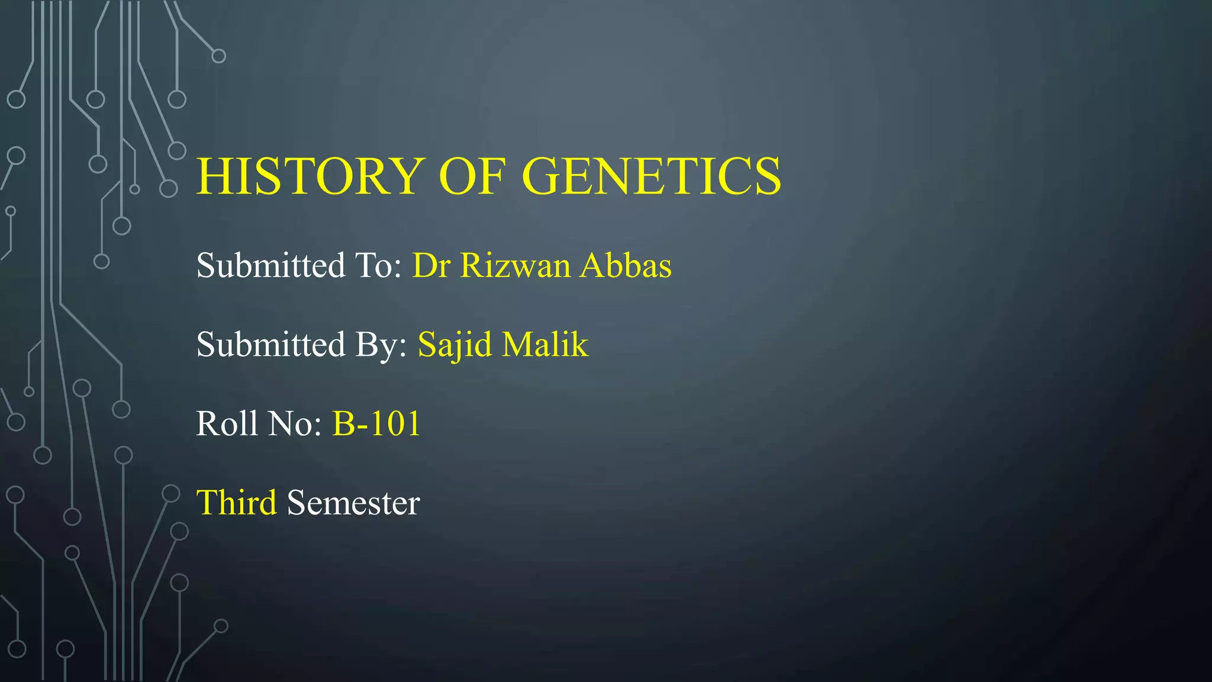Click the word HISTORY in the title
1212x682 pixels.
pyautogui.click(x=311, y=176)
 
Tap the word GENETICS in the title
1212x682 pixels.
pyautogui.click(x=651, y=176)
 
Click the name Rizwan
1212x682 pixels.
pyautogui.click(x=515, y=265)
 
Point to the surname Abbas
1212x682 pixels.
pyautogui.click(x=626, y=265)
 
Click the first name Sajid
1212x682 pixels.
pyautogui.click(x=454, y=345)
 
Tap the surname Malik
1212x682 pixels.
pyautogui.click(x=545, y=345)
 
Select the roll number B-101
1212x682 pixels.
pyautogui.click(x=376, y=424)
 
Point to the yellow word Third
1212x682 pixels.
pyautogui.click(x=236, y=503)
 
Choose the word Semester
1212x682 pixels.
pyautogui.click(x=353, y=503)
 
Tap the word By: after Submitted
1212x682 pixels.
pyautogui.click(x=381, y=345)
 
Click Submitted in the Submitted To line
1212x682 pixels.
pyautogui.click(x=270, y=265)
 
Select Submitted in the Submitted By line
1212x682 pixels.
pyautogui.click(x=270, y=345)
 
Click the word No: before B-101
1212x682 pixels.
pyautogui.click(x=295, y=424)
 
